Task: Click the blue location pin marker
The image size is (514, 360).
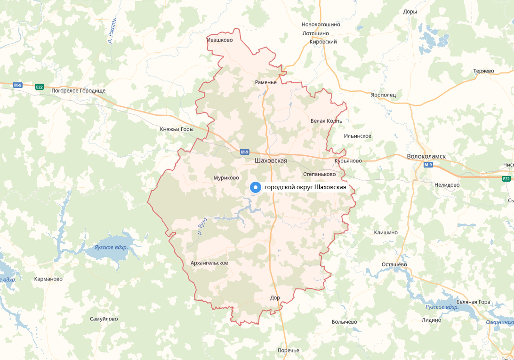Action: click(255, 187)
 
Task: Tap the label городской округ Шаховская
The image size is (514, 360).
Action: click(305, 188)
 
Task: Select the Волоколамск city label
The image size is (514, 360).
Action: click(426, 156)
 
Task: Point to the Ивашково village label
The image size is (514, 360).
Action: click(220, 40)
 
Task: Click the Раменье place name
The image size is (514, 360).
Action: click(265, 82)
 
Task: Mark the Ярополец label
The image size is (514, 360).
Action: click(383, 95)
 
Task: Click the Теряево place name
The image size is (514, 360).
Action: click(483, 71)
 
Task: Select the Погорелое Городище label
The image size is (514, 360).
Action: click(78, 90)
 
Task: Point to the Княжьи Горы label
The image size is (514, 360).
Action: click(177, 129)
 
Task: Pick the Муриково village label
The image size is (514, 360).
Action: click(226, 178)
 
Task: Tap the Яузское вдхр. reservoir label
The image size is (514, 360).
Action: click(111, 247)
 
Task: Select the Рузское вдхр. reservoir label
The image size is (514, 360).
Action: click(442, 307)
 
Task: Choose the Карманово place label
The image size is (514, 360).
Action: click(48, 279)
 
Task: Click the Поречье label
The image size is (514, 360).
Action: click(288, 350)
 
